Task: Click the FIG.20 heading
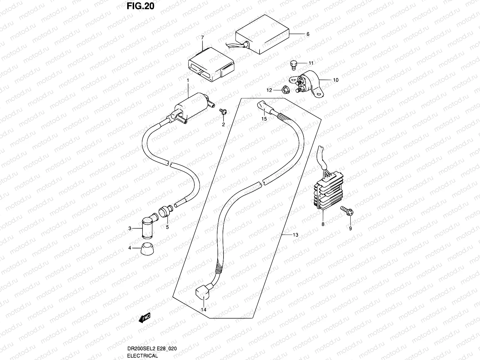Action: click(140, 6)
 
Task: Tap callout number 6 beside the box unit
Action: click(308, 34)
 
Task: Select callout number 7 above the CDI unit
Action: click(202, 37)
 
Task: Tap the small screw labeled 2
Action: click(223, 112)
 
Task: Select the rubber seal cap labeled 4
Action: click(147, 249)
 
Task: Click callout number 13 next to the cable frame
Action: click(295, 235)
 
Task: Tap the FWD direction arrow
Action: click(145, 318)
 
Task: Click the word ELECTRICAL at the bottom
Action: click(142, 355)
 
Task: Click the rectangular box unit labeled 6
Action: click(262, 34)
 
